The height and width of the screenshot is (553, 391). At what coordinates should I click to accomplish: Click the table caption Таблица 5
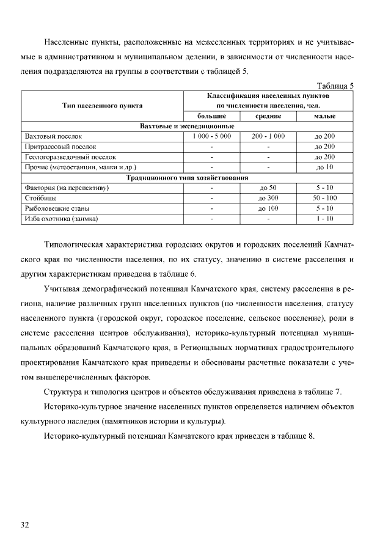click(x=334, y=86)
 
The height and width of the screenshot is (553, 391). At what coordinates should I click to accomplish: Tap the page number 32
click(x=25, y=524)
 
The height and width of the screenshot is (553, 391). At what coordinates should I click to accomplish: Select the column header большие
click(x=211, y=116)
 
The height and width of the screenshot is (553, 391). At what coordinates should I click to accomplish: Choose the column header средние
click(x=268, y=116)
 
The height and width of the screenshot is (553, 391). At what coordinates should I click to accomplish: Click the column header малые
click(x=325, y=116)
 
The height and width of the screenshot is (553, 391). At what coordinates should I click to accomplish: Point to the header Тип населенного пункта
click(x=103, y=106)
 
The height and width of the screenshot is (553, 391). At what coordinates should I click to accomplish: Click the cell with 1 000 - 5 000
click(x=211, y=136)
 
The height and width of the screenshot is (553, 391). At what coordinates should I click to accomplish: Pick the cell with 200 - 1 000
click(x=268, y=136)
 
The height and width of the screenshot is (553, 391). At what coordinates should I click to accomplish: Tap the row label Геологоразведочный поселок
click(x=71, y=156)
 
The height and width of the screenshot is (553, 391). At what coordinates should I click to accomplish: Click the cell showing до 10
click(x=325, y=167)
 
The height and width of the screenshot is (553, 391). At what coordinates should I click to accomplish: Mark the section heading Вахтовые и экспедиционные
click(x=188, y=126)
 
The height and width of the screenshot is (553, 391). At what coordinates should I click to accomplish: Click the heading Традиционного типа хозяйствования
click(x=188, y=177)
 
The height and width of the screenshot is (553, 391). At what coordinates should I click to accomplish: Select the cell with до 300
click(x=268, y=198)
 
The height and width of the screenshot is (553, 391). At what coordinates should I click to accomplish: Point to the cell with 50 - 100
click(x=325, y=198)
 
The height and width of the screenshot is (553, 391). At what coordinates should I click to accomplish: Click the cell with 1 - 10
click(x=325, y=218)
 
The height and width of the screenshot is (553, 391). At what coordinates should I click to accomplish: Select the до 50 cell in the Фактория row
click(x=268, y=188)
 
